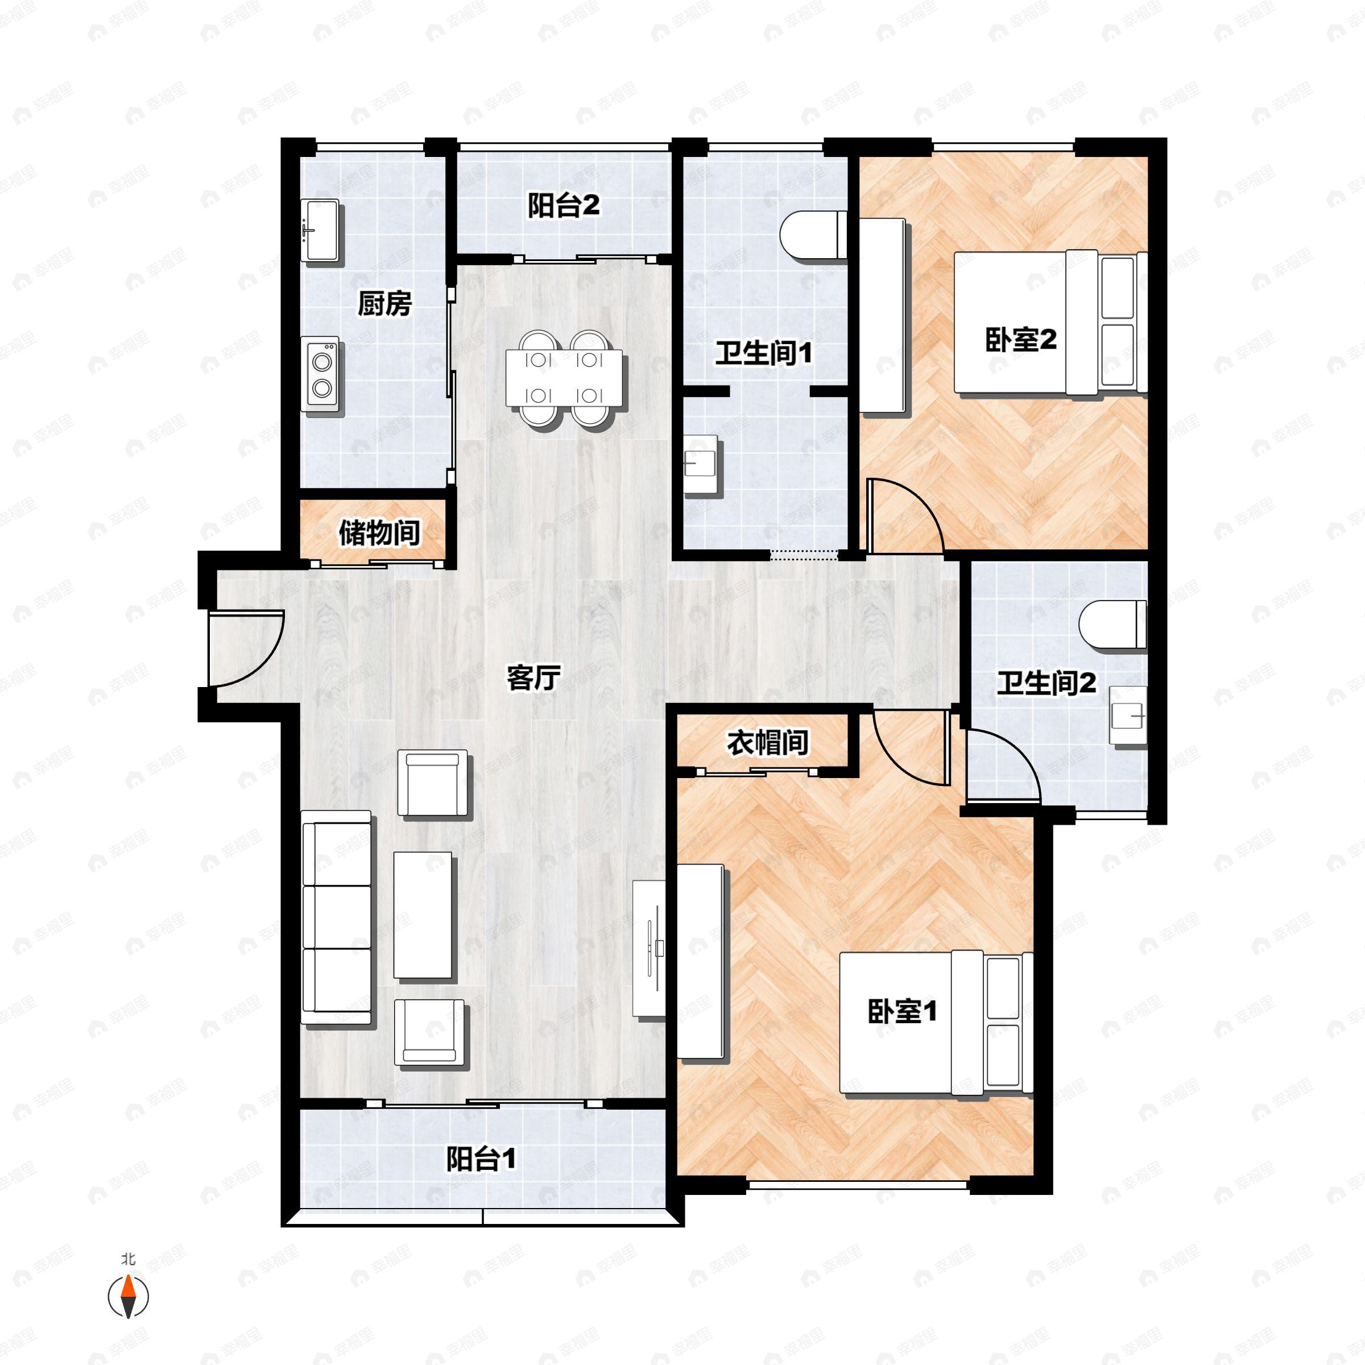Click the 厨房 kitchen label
[384, 304]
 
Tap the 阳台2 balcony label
[563, 205]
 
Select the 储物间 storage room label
[379, 533]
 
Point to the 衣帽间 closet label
[767, 743]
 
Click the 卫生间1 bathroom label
[763, 353]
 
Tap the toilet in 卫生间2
[1112, 624]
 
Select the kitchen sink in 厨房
[321, 231]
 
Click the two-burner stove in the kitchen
[322, 374]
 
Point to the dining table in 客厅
[564, 379]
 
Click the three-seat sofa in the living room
[336, 917]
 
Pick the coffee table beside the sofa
[423, 915]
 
